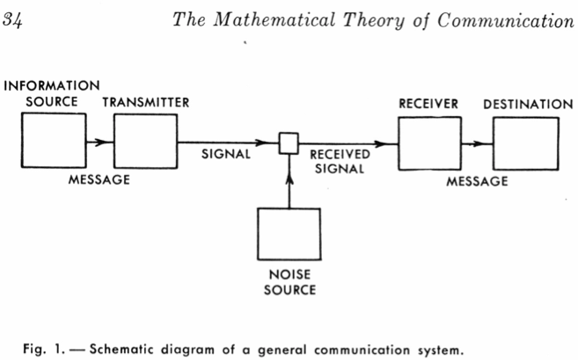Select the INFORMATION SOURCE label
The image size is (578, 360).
pos(52,93)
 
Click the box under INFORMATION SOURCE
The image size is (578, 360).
pos(54,141)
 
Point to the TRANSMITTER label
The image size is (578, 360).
pos(145,102)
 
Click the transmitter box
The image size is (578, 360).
pos(145,141)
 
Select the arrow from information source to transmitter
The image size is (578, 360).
pos(99,141)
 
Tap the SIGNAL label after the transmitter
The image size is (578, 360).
pos(227,153)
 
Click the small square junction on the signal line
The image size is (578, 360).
pos(289,142)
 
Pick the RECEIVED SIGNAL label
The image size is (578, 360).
pos(340,161)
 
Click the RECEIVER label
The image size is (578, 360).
pos(428,104)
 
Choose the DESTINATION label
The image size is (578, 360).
pos(527,104)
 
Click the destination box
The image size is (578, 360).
pos(524,144)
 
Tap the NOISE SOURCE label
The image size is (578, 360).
pos(289,282)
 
